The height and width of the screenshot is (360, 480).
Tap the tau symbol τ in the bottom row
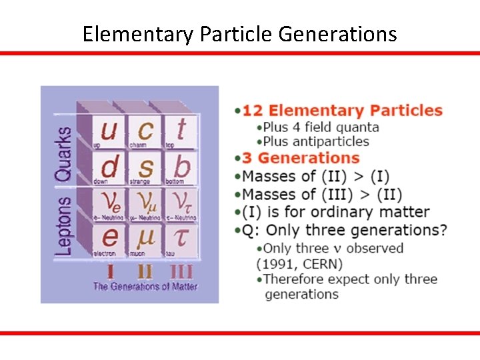click(x=181, y=237)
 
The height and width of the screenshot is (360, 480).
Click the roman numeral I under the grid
click(x=109, y=271)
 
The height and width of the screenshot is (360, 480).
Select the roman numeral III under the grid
click(x=181, y=271)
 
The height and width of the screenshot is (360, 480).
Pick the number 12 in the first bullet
click(x=253, y=111)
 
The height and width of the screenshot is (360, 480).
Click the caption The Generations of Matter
click(x=145, y=287)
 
